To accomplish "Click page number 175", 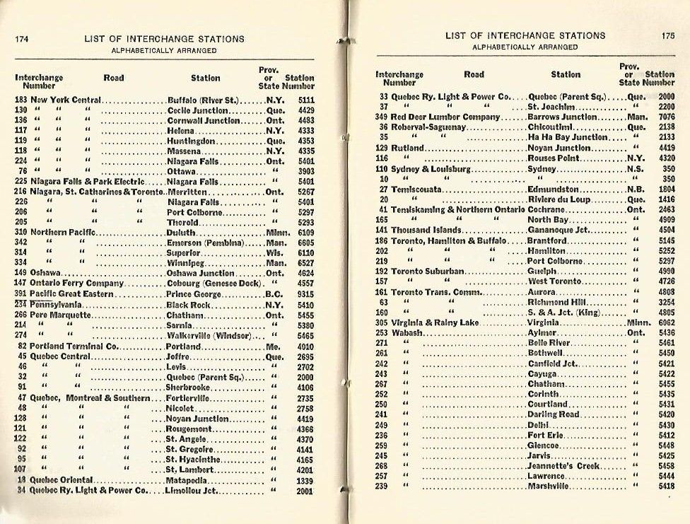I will [668, 35].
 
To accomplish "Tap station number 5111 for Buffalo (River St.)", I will [305, 100].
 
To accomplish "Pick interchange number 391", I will [20, 294].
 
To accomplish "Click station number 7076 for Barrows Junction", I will [667, 117].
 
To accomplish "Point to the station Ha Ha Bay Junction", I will [568, 137].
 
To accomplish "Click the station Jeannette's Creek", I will [563, 466].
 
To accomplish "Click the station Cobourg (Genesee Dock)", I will [212, 284].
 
